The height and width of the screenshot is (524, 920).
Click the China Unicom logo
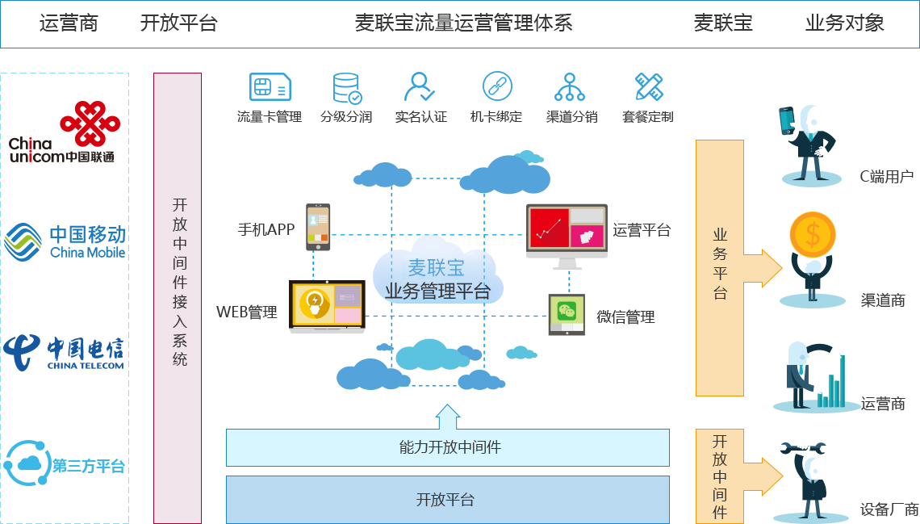point(65,132)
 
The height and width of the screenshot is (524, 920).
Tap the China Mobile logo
point(65,242)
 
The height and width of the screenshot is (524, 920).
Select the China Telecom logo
point(64,353)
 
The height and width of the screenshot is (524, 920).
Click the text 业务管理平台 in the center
point(437,291)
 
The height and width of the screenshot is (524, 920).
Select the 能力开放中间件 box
point(448,447)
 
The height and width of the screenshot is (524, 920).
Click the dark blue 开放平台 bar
point(448,500)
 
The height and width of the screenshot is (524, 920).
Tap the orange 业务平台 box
point(734,267)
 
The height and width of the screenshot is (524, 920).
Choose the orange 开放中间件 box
point(734,476)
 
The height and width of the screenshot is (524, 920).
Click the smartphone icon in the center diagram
point(318,227)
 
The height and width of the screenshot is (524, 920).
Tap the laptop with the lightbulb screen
point(328,306)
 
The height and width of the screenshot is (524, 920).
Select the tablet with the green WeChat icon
point(567,313)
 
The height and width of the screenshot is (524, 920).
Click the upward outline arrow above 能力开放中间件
point(447,417)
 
